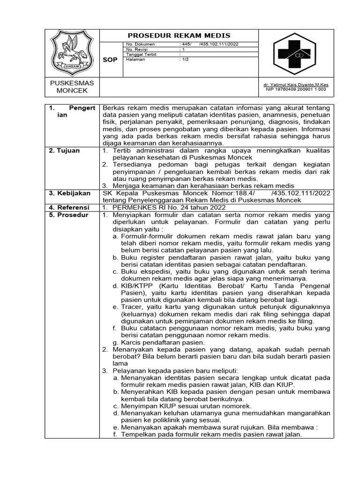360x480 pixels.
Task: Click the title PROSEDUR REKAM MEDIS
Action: (180, 36)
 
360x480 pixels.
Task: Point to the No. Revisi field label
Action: (137, 49)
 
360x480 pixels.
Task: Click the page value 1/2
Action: (185, 60)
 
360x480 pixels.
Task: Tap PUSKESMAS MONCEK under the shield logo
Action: (72, 86)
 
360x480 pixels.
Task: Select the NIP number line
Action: (297, 89)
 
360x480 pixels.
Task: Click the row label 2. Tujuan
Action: (65, 150)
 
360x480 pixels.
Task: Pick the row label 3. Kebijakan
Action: (68, 193)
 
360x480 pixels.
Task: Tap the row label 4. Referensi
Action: (69, 207)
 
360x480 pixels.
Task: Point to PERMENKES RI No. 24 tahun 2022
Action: (168, 207)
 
